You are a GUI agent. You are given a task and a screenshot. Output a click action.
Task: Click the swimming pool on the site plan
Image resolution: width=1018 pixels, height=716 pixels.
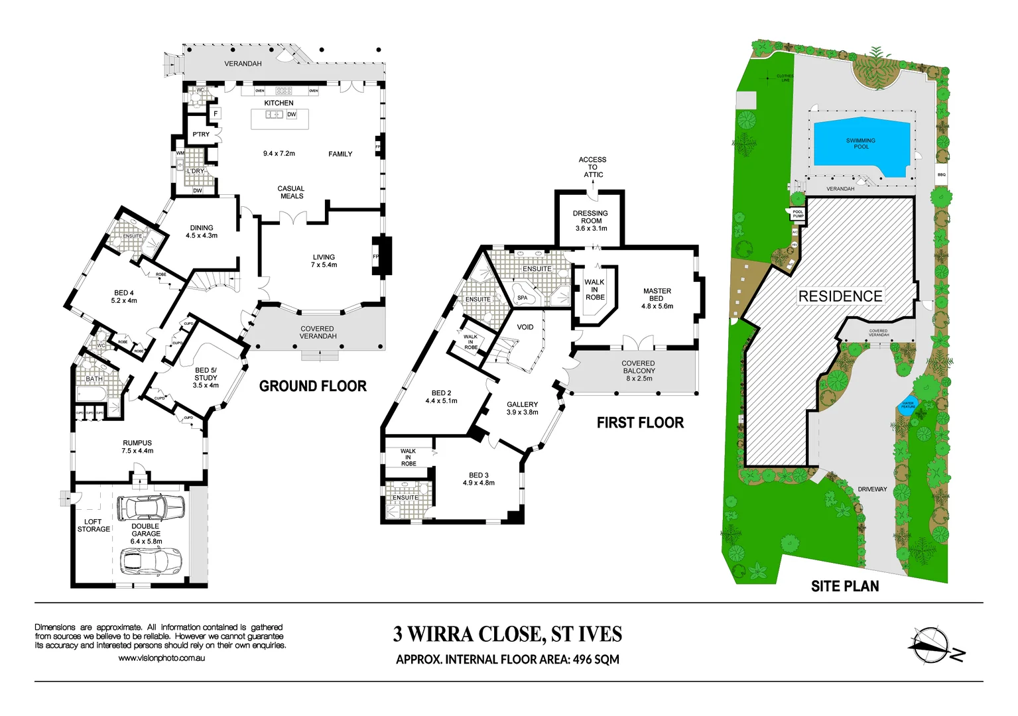[861, 146]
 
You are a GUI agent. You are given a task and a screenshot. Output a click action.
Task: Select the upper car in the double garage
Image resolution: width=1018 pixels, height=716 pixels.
[150, 508]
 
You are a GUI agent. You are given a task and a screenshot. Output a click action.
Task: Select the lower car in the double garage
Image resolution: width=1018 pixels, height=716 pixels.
[151, 561]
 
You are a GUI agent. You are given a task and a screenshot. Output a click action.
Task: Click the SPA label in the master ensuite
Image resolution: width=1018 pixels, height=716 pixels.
[523, 298]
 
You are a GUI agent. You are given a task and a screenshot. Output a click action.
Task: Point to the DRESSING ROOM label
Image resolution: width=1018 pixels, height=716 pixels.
[590, 217]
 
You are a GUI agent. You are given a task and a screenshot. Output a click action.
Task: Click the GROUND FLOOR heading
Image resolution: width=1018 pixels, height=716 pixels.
[312, 386]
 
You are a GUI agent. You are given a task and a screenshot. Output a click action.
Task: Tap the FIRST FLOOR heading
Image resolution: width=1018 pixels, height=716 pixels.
[639, 423]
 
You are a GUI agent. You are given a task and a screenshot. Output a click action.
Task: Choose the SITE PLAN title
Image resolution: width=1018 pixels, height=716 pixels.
[844, 586]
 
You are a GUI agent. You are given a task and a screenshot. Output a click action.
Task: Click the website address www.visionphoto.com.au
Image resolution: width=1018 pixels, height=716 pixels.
[161, 658]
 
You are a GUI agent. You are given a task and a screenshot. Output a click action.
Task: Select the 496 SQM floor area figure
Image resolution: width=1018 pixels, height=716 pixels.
[596, 660]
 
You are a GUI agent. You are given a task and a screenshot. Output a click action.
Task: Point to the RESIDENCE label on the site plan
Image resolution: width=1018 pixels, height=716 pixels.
[840, 296]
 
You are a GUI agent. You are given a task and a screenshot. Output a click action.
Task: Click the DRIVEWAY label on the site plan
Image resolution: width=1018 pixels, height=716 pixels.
[872, 489]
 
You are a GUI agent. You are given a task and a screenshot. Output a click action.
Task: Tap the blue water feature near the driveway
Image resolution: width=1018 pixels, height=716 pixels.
[907, 404]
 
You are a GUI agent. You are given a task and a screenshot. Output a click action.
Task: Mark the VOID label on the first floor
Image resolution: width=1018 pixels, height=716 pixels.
[525, 327]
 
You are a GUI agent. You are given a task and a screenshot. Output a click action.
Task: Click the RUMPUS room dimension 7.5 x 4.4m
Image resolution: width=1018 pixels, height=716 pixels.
[137, 451]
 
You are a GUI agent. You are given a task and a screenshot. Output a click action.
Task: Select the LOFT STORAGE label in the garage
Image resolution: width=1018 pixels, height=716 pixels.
[94, 526]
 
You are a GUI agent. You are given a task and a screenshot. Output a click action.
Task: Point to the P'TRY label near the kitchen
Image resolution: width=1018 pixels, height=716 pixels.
[201, 135]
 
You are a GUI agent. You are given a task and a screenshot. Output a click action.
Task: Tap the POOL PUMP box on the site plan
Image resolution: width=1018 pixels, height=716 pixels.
[798, 214]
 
